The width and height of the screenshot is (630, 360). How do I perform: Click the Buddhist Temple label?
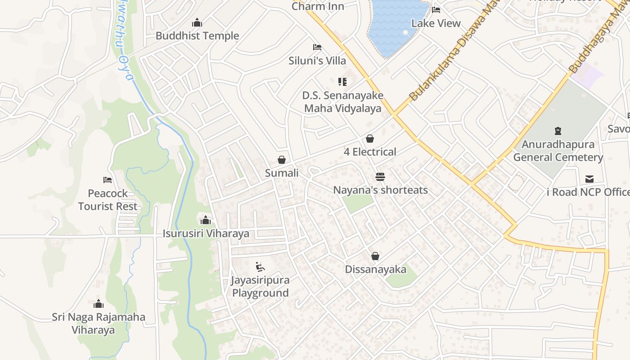coord(197,36)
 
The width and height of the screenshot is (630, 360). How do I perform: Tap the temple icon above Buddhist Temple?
coord(197,23)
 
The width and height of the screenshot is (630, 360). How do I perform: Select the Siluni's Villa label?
coord(317,61)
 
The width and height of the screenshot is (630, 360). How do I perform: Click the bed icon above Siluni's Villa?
coord(317,47)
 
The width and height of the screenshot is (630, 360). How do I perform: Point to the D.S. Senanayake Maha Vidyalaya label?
coord(342,102)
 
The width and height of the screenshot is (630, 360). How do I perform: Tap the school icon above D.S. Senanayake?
coord(342,82)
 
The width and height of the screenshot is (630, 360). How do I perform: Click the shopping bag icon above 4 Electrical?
coord(370,139)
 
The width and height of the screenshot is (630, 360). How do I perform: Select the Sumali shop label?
coord(282,173)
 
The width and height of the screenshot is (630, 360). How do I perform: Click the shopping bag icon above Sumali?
coord(282,160)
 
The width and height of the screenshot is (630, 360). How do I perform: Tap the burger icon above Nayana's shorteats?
coord(380,177)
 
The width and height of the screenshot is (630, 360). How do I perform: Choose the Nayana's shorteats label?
coord(380,190)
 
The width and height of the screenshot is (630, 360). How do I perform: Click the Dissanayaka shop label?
coord(375,270)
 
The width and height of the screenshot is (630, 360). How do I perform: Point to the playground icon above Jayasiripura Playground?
coord(260,267)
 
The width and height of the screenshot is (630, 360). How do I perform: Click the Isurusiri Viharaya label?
coord(206,234)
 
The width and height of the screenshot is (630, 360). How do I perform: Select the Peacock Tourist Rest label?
coord(108,200)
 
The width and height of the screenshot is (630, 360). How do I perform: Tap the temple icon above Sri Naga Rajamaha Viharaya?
coord(99,304)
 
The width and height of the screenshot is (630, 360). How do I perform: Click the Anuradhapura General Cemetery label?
coord(558,151)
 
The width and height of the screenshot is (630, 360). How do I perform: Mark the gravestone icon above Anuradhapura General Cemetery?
coord(558,131)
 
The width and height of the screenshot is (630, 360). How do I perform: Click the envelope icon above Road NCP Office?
coord(589,179)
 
